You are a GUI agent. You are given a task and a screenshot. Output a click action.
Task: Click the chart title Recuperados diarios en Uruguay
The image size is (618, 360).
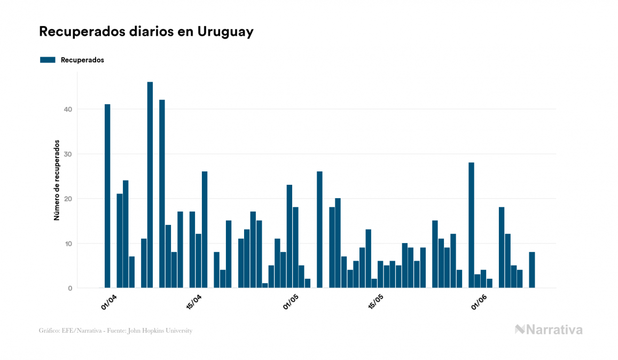146,32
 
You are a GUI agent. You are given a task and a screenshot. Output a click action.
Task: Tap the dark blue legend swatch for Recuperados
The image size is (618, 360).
48,60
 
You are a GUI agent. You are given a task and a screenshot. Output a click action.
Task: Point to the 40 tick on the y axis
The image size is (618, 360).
68,109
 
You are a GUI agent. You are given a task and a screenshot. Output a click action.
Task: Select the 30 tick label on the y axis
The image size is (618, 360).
68,154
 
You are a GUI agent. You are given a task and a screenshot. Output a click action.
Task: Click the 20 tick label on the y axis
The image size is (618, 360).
68,199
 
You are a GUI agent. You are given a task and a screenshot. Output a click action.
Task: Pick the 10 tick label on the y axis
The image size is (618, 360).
68,244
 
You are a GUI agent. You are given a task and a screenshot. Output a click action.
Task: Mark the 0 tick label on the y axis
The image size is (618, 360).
70,288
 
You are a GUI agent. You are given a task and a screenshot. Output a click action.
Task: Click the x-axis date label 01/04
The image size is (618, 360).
109,301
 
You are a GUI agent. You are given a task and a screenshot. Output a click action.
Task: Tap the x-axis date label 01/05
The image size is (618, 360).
291,301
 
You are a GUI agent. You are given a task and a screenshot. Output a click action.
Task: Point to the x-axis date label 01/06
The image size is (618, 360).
479,301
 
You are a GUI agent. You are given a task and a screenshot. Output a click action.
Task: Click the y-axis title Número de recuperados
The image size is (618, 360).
56,181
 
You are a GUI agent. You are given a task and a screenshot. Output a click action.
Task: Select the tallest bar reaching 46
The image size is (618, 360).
150,185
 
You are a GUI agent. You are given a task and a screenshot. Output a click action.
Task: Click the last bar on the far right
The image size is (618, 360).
532,270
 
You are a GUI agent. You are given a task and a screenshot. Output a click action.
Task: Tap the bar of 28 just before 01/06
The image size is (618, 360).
471,225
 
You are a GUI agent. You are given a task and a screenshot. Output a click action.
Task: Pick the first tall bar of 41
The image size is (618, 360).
107,196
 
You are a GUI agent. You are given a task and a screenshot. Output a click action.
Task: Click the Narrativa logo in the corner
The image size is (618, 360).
549,330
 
